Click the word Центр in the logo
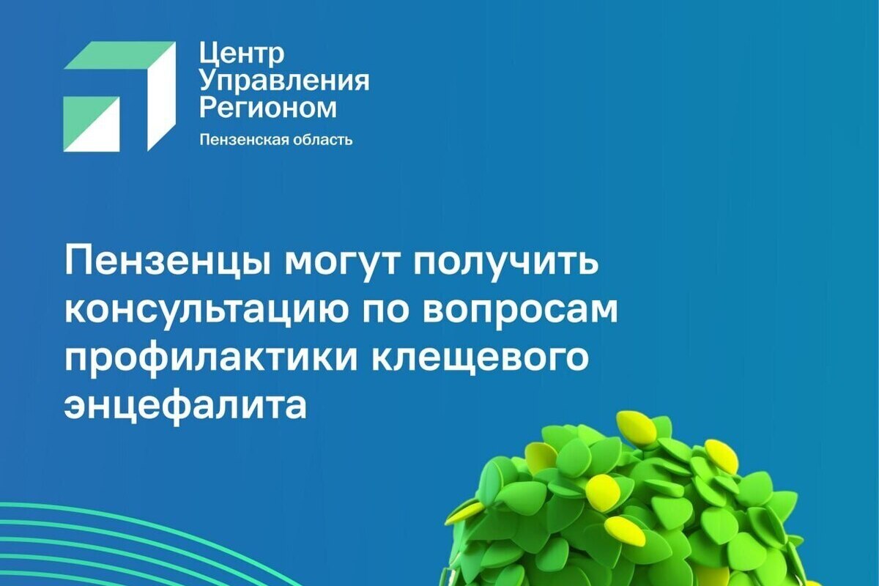pos(242,53)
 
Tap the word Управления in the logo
pos(284,82)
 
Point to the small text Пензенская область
pos(276,140)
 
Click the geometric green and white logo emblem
pos(119,97)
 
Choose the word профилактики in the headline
pos(211,359)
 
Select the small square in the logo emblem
pos(92,125)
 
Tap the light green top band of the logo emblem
pos(118,55)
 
